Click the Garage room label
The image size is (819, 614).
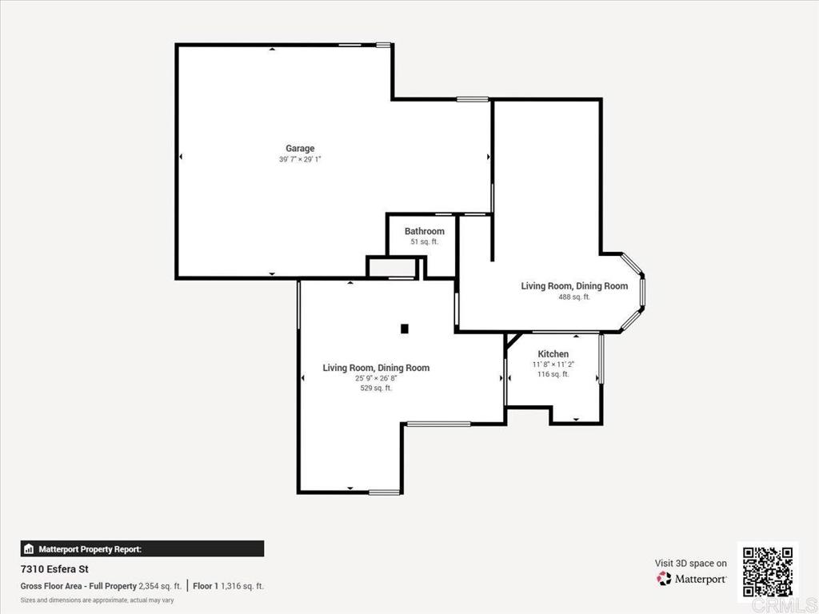coord(300,148)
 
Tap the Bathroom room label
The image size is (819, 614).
coord(424,231)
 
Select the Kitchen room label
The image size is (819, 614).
coord(553,353)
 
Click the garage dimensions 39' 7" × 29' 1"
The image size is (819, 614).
coord(300,159)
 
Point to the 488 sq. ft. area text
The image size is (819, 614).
coord(574,297)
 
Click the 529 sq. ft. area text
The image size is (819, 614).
coord(376,389)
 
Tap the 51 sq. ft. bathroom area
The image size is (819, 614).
coord(424,241)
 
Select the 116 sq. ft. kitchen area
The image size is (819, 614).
coord(553,373)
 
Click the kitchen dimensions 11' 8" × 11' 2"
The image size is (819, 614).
coord(553,364)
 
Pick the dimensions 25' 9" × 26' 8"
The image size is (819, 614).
coord(376,378)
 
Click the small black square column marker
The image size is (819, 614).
coord(405,328)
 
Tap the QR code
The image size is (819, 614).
coord(767,571)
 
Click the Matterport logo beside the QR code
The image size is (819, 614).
coord(692,579)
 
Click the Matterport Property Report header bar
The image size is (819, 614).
coord(142,549)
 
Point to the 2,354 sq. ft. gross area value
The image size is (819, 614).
coord(160,586)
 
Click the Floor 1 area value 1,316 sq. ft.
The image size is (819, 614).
coord(242,586)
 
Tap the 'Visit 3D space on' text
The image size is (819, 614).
coord(691,563)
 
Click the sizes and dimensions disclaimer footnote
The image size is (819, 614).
coord(97,600)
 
